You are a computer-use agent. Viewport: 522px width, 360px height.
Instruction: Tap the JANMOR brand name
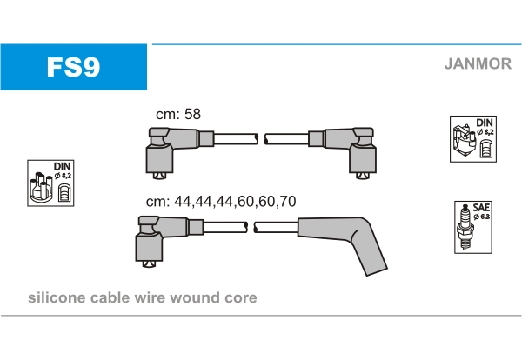coord(478,63)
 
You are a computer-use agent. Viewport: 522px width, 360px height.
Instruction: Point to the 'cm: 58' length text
coord(177,115)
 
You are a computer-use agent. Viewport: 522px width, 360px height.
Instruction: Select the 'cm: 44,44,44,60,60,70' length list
coord(221,200)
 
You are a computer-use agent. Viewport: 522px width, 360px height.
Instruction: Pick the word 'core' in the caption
coord(240,298)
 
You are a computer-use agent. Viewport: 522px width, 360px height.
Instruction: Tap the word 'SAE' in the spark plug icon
coord(479,208)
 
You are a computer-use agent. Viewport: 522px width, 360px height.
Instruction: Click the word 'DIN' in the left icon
coord(63,165)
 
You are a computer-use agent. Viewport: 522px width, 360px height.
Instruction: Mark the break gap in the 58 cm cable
coord(261,138)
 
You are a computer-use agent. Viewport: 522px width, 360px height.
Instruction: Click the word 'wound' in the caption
coord(201,298)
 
